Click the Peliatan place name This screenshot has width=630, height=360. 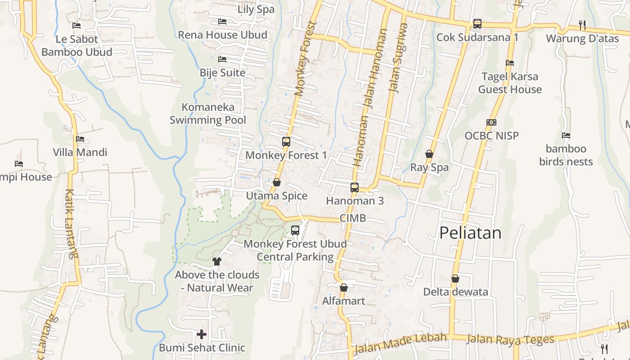tap(470, 233)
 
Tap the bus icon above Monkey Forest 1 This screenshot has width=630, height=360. tap(286, 142)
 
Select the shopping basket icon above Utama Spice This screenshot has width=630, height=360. tap(277, 182)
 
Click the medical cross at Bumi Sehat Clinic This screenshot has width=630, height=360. tap(202, 334)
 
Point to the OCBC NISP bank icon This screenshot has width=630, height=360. tap(491, 122)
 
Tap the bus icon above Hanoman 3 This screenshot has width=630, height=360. tap(355, 187)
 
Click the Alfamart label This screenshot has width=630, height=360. tap(343, 301)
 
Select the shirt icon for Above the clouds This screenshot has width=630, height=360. tap(216, 261)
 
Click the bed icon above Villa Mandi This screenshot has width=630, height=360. tap(80, 139)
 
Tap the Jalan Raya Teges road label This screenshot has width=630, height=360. tap(510, 339)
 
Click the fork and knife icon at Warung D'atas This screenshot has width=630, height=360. tap(582, 25)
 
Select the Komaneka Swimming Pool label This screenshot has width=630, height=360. tap(208, 113)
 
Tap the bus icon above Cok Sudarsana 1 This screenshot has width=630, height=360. tap(477, 24)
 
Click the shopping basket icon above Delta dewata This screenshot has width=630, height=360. tap(455, 279)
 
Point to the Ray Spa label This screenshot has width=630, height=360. tap(429, 167)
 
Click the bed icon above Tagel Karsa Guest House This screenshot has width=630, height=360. tap(510, 63)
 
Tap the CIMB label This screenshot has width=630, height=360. tap(352, 218)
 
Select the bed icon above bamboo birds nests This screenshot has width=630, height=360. tap(566, 135)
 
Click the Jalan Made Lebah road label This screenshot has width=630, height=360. tap(400, 343)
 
